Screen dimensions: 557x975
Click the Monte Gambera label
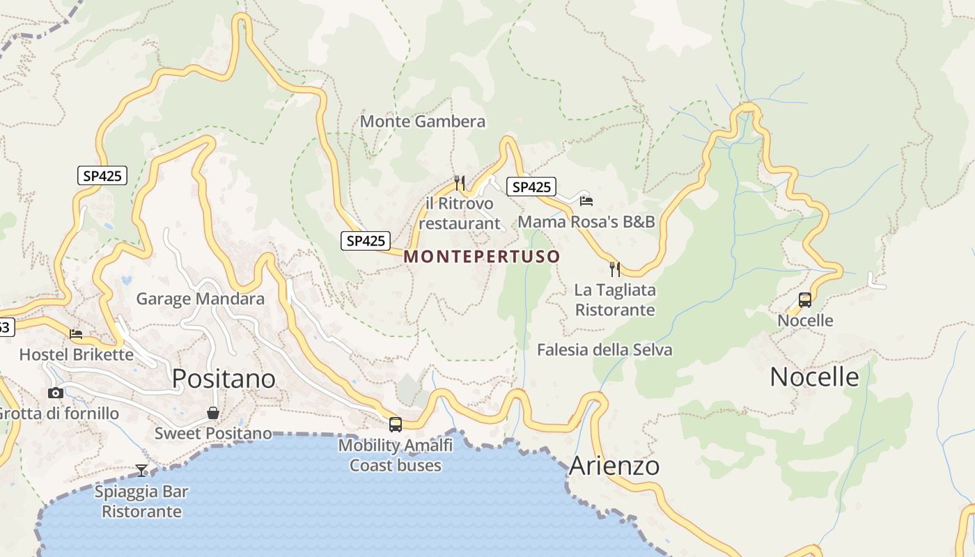click(422, 121)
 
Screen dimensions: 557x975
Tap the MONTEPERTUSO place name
click(481, 256)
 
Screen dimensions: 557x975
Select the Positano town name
click(224, 379)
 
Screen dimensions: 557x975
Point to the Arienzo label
click(614, 466)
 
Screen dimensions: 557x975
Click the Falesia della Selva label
click(604, 350)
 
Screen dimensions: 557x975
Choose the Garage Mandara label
click(200, 299)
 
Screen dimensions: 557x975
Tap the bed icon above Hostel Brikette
click(76, 334)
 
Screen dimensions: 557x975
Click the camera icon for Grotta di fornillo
click(56, 393)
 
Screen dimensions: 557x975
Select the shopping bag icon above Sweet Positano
click(213, 413)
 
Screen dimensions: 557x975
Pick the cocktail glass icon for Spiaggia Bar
click(141, 471)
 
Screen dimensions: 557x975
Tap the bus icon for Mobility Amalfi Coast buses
click(396, 424)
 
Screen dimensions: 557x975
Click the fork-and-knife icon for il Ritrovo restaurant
click(459, 183)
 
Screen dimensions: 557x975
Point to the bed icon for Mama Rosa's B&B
click(586, 201)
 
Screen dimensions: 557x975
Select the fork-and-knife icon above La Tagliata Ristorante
click(615, 269)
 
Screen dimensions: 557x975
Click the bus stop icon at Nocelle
click(805, 300)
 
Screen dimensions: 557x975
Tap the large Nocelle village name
click(814, 377)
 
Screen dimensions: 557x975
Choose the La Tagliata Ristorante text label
click(615, 299)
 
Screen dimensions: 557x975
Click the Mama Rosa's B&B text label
click(586, 221)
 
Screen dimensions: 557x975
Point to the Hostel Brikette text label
click(76, 354)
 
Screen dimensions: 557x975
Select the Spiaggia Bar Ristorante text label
click(141, 501)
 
